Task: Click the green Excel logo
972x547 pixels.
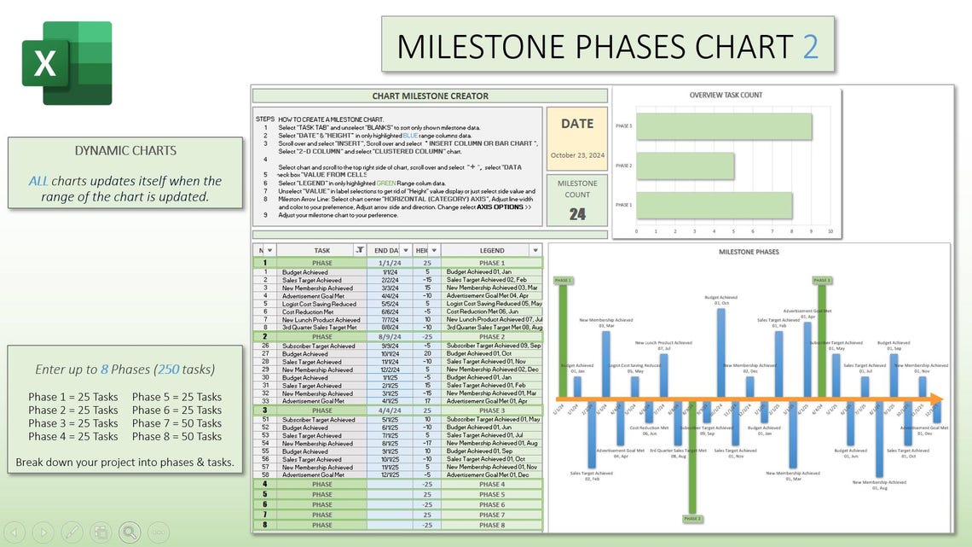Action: pos(67,63)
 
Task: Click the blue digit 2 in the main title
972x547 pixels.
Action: pos(810,46)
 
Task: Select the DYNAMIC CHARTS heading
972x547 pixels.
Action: pos(125,151)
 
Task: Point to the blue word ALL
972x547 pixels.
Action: pos(38,181)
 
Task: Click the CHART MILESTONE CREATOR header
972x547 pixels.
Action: pos(431,96)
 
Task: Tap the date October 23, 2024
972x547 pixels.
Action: pos(577,155)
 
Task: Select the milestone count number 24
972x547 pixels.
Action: pos(577,214)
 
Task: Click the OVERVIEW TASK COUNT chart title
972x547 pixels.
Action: pos(726,95)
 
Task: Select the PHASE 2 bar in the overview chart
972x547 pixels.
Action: pos(685,166)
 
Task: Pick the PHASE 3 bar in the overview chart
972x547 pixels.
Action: pos(724,126)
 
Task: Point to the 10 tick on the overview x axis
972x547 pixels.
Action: pos(830,231)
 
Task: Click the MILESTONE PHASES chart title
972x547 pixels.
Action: pos(749,252)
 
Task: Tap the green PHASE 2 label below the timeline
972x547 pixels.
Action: pos(692,518)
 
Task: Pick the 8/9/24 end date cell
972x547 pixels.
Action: pos(389,337)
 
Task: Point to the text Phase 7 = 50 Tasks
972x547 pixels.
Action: pos(176,423)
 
